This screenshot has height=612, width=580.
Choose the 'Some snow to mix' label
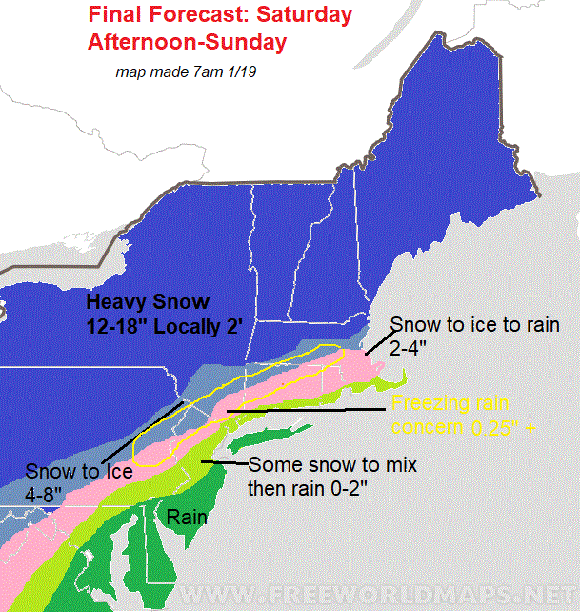[x=331, y=466]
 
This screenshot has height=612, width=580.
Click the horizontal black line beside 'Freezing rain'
[x=305, y=411]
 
